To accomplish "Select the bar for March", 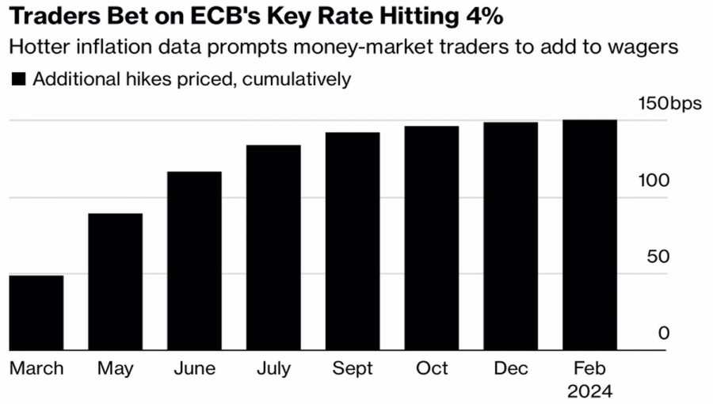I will (36, 312).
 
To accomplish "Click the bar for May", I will (115, 281).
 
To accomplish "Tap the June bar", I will (194, 261).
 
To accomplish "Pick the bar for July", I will (273, 247).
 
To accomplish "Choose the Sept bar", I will (353, 241).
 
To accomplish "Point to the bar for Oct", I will (432, 238).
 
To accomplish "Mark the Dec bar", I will (511, 236).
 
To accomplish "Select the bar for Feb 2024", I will (590, 234).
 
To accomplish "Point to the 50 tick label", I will (658, 257).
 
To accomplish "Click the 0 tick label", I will (664, 333).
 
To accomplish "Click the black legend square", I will (18, 79).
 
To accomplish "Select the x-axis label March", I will (36, 368).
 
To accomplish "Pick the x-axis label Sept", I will (353, 368).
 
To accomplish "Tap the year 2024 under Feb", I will (590, 391).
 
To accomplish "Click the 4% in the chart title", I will (483, 15).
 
